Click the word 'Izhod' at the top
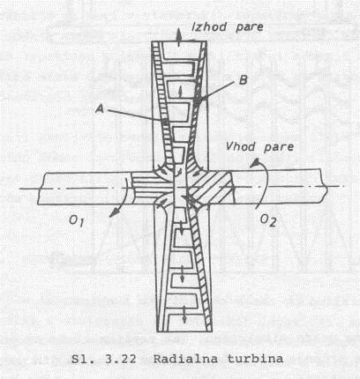click(x=209, y=26)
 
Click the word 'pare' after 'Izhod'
click(x=250, y=28)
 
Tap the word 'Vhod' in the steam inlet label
click(x=240, y=146)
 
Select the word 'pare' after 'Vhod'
click(x=279, y=147)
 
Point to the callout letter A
click(x=100, y=108)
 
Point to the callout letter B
click(x=244, y=80)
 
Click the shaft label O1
click(x=77, y=221)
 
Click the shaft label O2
click(x=268, y=220)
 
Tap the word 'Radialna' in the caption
click(x=185, y=359)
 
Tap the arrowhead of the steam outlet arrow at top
click(x=178, y=33)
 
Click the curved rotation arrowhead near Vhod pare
click(x=255, y=162)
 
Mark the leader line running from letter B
click(x=216, y=92)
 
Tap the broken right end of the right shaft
click(x=325, y=186)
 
